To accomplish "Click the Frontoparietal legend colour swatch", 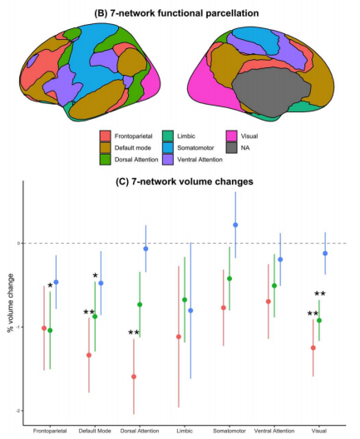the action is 105,136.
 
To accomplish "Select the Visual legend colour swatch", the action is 231,136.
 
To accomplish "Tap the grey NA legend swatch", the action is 231,148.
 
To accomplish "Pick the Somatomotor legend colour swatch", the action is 168,148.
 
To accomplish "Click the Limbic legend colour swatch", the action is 168,136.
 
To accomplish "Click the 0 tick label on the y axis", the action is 19,243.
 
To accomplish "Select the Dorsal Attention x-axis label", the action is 140,431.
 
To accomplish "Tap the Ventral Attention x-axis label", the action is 274,431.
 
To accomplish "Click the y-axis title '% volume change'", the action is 11,303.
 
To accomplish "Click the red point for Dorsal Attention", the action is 134,377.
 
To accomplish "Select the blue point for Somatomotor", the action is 235,224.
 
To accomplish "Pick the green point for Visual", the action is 319,320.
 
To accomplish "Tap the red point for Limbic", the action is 179,337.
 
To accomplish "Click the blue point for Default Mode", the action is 101,283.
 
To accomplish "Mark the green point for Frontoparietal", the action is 50,330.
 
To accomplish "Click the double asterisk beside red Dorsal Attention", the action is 134,333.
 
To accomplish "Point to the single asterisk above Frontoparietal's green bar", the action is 50,286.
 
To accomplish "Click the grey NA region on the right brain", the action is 270,90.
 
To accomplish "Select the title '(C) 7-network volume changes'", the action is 185,181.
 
